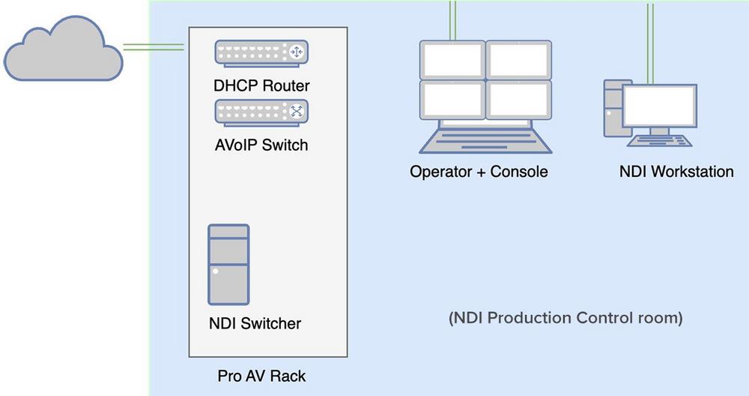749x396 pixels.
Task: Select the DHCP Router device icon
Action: (261, 52)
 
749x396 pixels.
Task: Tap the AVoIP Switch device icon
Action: (261, 112)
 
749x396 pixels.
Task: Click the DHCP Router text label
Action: (261, 85)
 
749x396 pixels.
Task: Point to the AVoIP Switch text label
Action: (261, 145)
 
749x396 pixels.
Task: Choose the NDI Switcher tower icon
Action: (228, 264)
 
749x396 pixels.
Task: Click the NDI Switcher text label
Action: (255, 324)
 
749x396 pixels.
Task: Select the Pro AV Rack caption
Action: (261, 374)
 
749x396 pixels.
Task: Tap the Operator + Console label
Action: (479, 172)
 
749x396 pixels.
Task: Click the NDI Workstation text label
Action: (676, 172)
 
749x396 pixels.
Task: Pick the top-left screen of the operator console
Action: (452, 59)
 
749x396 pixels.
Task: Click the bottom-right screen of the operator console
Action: (518, 99)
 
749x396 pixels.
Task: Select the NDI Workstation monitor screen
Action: (659, 106)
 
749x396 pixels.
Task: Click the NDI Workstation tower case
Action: (613, 109)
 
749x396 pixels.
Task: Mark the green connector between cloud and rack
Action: (154, 47)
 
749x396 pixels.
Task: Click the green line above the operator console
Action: (452, 19)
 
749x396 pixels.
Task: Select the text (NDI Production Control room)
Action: (565, 318)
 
